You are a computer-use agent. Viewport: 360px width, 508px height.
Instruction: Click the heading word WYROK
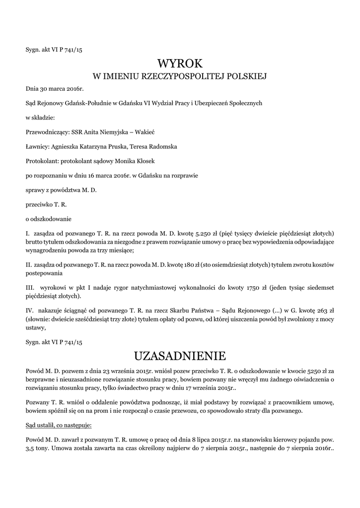180,63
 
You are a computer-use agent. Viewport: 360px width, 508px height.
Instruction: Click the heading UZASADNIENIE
180,356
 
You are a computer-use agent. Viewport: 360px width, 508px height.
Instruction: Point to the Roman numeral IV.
29,310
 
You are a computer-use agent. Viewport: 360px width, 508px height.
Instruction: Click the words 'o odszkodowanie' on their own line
49,219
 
